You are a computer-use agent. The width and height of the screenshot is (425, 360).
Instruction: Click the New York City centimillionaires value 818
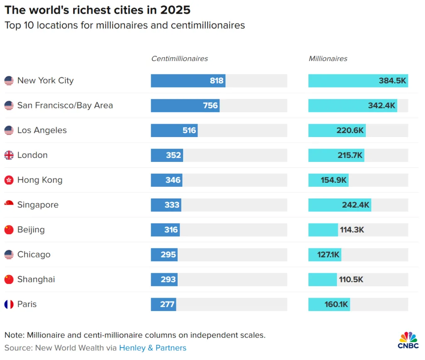[x=217, y=81]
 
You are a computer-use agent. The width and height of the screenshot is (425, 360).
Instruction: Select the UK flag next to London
[x=9, y=155]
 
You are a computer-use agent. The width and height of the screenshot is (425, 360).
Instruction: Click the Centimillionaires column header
[x=179, y=59]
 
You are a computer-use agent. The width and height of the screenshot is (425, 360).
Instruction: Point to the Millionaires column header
[x=328, y=59]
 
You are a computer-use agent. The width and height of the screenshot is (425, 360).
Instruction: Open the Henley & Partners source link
[x=153, y=348]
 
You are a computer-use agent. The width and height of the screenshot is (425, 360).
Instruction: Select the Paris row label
[x=27, y=304]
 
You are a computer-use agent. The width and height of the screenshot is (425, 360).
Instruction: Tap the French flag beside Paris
[x=9, y=304]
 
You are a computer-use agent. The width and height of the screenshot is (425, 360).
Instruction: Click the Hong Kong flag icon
[x=9, y=180]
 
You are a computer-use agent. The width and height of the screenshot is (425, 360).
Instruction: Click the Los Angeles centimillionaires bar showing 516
[x=174, y=130]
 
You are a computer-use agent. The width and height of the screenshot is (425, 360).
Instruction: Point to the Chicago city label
[x=34, y=255]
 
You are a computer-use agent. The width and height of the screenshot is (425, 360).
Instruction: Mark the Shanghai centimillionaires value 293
[x=168, y=279]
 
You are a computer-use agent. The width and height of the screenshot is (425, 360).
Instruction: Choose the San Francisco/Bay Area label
[x=65, y=105]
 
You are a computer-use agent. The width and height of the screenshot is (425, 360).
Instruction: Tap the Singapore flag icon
[x=9, y=204]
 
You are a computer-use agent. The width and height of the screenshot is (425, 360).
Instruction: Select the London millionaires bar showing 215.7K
[x=336, y=155]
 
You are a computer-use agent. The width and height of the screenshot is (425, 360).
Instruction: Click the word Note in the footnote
[x=14, y=335]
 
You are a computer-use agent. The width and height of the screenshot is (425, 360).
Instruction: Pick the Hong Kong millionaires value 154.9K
[x=334, y=180]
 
